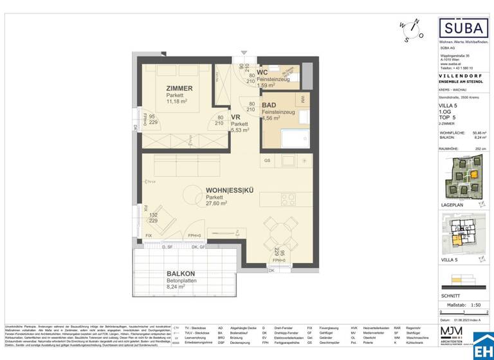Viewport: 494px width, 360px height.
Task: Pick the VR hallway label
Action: tap(235, 117)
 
